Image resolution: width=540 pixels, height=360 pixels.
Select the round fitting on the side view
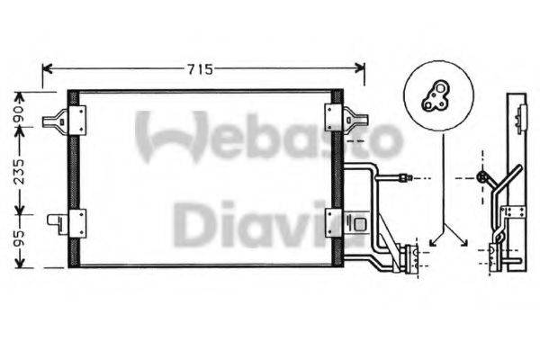coord(482,177)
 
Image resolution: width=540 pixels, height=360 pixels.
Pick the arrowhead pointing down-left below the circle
coord(434,241)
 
